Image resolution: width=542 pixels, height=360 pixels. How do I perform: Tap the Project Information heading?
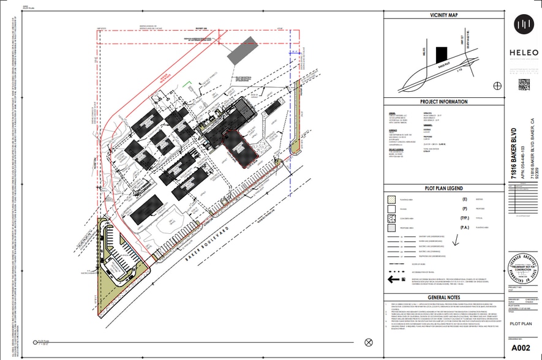(444, 102)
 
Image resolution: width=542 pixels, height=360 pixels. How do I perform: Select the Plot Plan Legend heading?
(444, 189)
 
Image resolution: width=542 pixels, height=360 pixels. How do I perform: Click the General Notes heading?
(444, 296)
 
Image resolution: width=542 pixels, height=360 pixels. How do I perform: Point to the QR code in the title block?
(523, 84)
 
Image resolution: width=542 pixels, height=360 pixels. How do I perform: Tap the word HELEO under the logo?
(522, 52)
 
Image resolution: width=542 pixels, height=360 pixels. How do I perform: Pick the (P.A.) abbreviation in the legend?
(465, 227)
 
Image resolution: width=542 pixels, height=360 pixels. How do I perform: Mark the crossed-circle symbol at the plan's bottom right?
(368, 342)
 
